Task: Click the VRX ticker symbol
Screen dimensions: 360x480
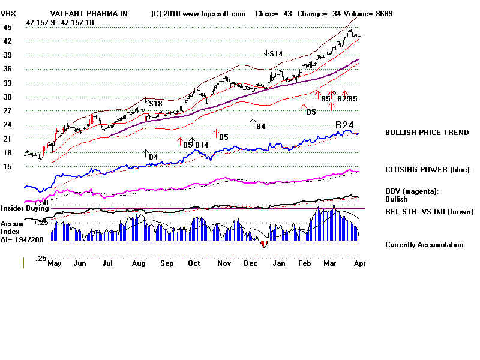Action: (x=8, y=14)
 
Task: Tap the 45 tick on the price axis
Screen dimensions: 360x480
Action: (x=7, y=28)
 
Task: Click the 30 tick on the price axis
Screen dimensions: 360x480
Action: (x=7, y=97)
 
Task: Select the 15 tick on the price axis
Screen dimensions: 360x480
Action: (x=7, y=167)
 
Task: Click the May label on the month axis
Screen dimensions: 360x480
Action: (x=55, y=263)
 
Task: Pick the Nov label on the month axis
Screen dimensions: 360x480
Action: (x=224, y=263)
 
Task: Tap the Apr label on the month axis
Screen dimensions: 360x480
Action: (x=359, y=263)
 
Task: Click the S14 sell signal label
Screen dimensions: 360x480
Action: (x=275, y=54)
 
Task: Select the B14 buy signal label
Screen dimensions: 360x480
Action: (x=202, y=145)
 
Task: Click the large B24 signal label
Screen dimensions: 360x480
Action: (x=344, y=125)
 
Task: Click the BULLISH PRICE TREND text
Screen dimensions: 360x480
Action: (x=427, y=133)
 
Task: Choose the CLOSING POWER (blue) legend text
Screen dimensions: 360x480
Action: (x=428, y=170)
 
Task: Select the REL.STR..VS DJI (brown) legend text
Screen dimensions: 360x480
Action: (x=430, y=212)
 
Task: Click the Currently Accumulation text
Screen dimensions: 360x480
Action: (x=424, y=245)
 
